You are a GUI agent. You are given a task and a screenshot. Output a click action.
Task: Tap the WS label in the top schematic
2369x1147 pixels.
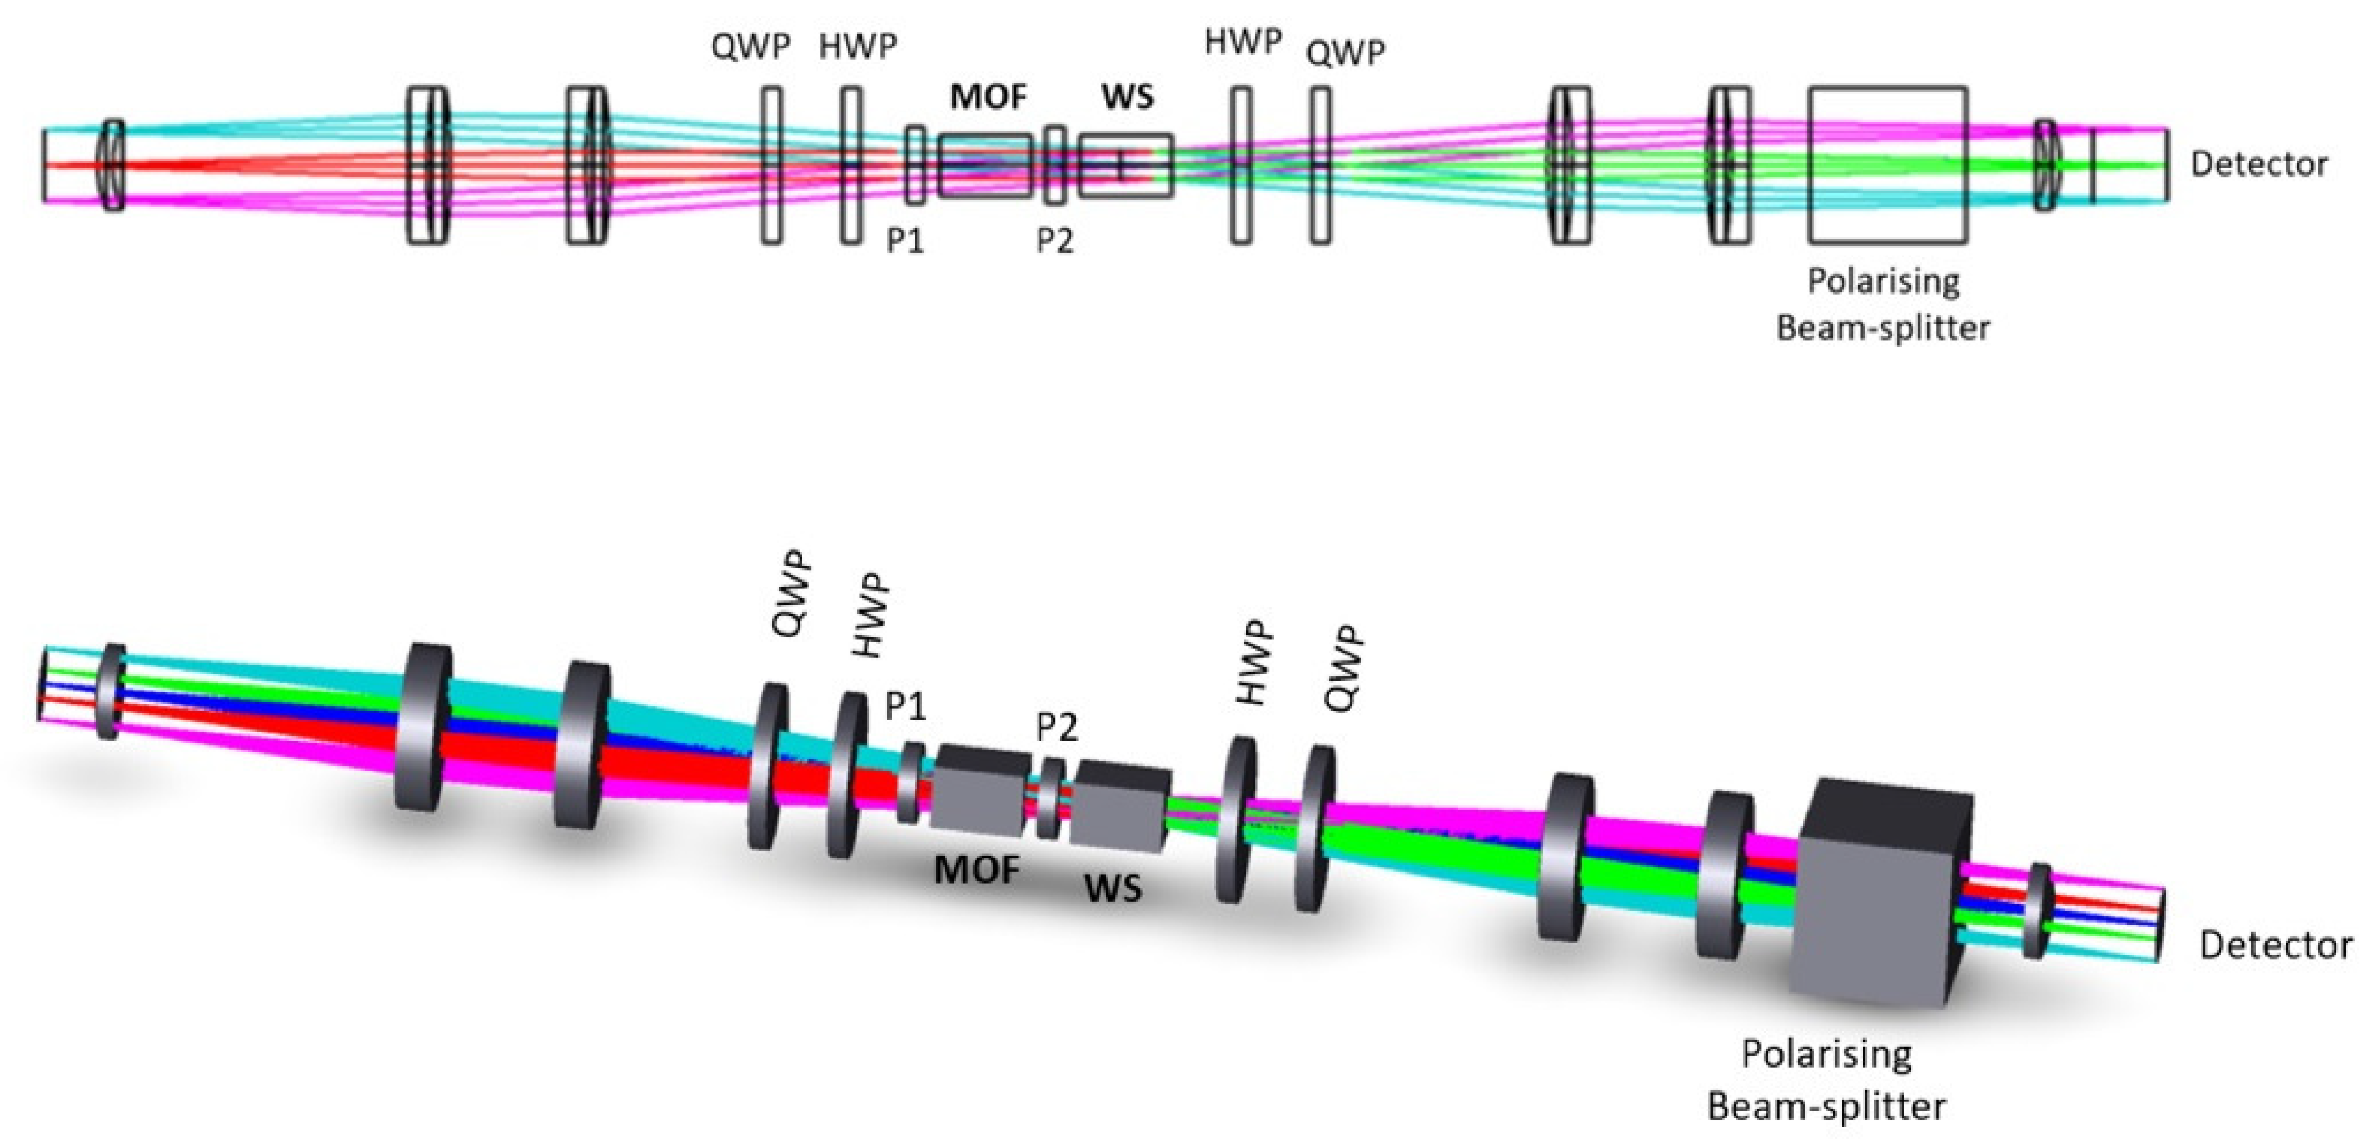tap(1127, 97)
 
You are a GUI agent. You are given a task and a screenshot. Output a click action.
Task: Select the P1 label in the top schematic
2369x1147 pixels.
tap(905, 241)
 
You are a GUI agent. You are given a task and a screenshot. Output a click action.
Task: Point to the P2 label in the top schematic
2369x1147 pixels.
tap(1055, 241)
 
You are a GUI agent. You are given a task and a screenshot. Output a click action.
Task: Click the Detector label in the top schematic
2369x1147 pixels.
tap(2258, 165)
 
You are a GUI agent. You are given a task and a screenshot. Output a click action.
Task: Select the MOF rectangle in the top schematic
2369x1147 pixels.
tap(985, 166)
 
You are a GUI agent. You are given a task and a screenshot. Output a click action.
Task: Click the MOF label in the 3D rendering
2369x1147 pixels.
tap(976, 869)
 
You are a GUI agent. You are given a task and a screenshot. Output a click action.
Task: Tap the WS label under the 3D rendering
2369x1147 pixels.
tap(1113, 888)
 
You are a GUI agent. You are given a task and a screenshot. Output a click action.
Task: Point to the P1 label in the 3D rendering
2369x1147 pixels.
tap(906, 706)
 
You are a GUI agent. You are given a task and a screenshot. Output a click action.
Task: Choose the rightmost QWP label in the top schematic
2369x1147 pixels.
tap(1346, 53)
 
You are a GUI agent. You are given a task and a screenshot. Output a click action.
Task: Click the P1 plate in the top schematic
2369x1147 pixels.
tap(915, 166)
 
